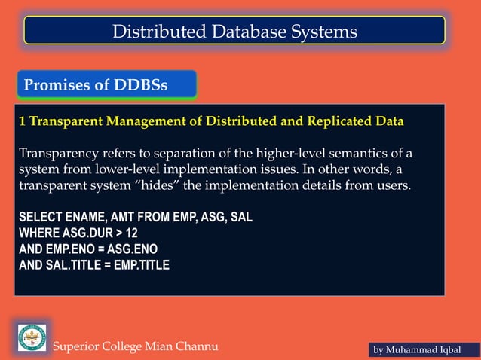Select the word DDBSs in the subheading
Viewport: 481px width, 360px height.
click(141, 85)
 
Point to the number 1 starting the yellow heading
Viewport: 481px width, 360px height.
click(23, 121)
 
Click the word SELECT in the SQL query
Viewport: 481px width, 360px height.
click(38, 218)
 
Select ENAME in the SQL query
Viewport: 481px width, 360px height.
click(86, 218)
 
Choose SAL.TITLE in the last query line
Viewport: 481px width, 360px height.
click(74, 265)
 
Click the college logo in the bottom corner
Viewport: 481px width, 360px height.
click(32, 337)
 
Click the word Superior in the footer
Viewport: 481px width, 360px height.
click(78, 346)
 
